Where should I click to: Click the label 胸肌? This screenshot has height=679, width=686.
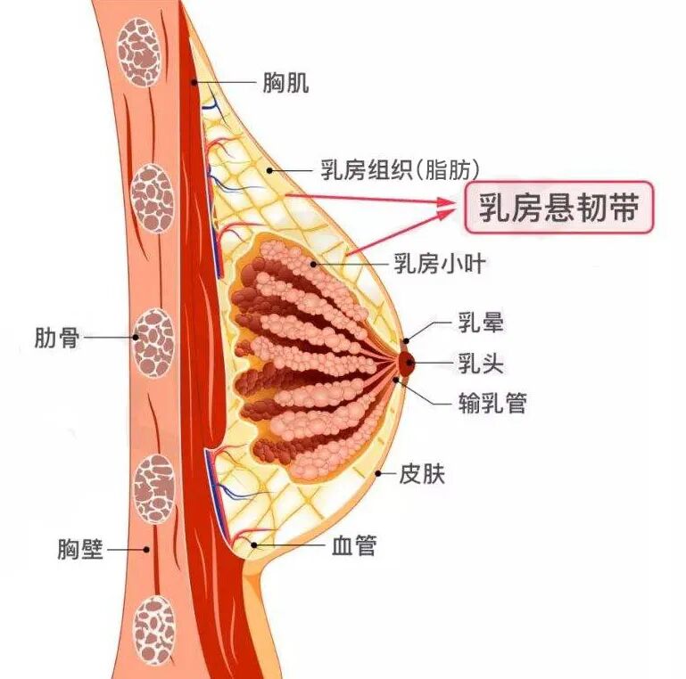[285, 85]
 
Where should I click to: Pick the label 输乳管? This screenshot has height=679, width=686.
[492, 404]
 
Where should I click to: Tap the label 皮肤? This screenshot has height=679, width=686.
[421, 474]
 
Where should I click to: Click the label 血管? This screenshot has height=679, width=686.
[353, 545]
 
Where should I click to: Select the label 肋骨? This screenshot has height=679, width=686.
[58, 338]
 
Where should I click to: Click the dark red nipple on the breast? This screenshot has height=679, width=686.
[406, 361]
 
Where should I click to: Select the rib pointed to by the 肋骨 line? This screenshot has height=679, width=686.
[153, 342]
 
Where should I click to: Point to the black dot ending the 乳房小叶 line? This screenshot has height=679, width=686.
[313, 264]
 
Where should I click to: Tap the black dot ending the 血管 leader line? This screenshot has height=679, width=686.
[255, 544]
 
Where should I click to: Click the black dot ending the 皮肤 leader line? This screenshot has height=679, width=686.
[379, 473]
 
